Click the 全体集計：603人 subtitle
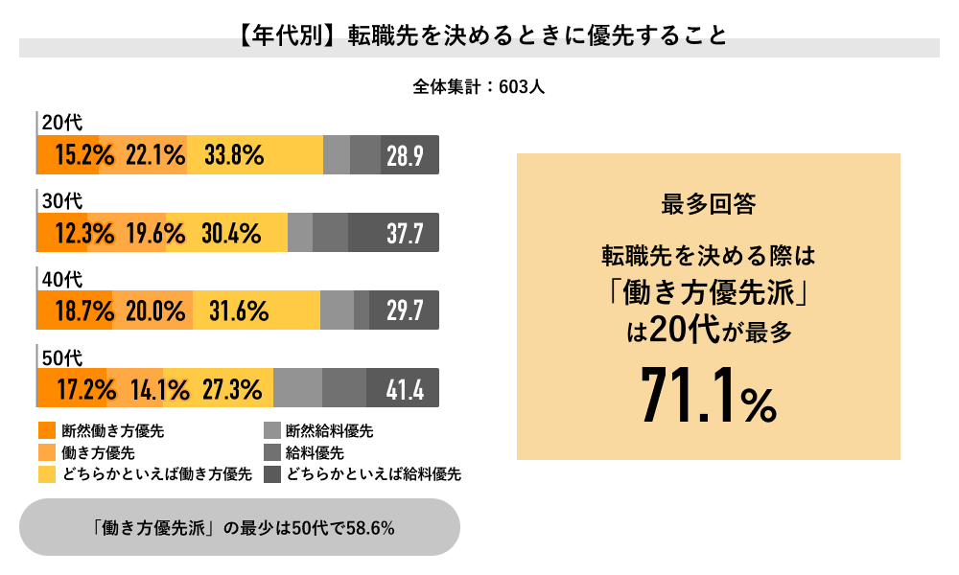pos(479,86)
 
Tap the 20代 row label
pos(63,123)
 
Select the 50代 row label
pos(63,357)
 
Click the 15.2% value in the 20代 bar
pos(84,155)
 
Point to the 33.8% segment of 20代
pos(234,155)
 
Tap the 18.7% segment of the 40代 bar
pos(84,310)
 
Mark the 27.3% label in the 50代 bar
pos(232,389)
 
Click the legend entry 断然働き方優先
pos(113,431)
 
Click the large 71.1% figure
pos(708,394)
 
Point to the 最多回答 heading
pos(708,204)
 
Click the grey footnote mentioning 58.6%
pos(239,527)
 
